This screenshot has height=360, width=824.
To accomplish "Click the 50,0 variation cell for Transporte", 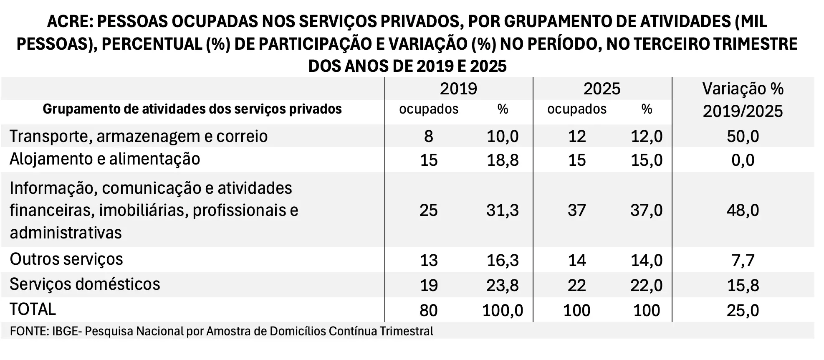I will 743,137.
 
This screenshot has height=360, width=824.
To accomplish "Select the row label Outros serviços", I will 66,259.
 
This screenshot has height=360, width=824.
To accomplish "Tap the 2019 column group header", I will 458,89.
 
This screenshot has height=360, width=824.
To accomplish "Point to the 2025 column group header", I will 602,89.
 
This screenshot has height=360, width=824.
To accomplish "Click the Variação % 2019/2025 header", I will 743,100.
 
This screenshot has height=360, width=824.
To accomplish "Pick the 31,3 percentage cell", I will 502,210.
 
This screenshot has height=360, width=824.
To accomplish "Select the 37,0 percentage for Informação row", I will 646,210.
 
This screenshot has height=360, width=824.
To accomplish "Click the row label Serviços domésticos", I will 85,284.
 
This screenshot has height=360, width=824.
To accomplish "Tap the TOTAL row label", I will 33,309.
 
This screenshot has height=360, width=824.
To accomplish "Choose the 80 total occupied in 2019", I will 429,310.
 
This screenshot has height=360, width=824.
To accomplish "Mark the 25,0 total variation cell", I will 743,310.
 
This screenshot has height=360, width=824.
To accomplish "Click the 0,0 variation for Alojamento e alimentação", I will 743,160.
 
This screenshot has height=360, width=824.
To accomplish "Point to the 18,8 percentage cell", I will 503,160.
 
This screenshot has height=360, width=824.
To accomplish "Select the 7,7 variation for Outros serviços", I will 743,260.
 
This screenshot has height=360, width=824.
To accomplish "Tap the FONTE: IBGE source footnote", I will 221,332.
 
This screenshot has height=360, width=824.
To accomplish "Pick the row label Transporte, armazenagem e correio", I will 139,137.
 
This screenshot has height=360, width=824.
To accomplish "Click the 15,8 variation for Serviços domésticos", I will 743,285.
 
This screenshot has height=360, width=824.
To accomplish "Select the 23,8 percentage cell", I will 503,285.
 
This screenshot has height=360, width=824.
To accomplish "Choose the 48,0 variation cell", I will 743,210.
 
